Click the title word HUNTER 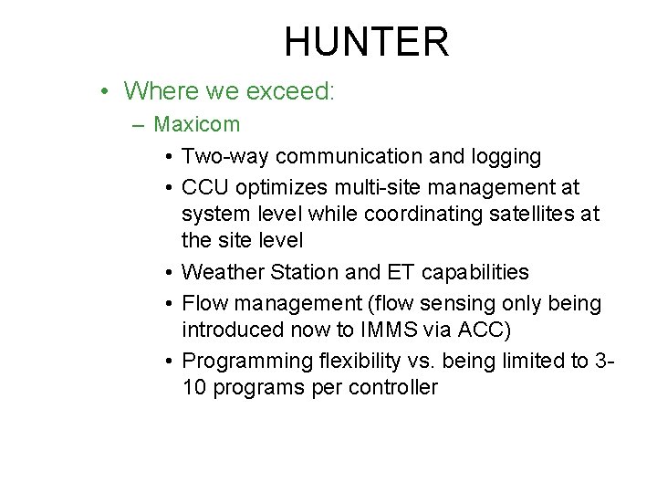pos(366,42)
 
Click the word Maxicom pos(196,123)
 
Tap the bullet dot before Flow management pos(170,302)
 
